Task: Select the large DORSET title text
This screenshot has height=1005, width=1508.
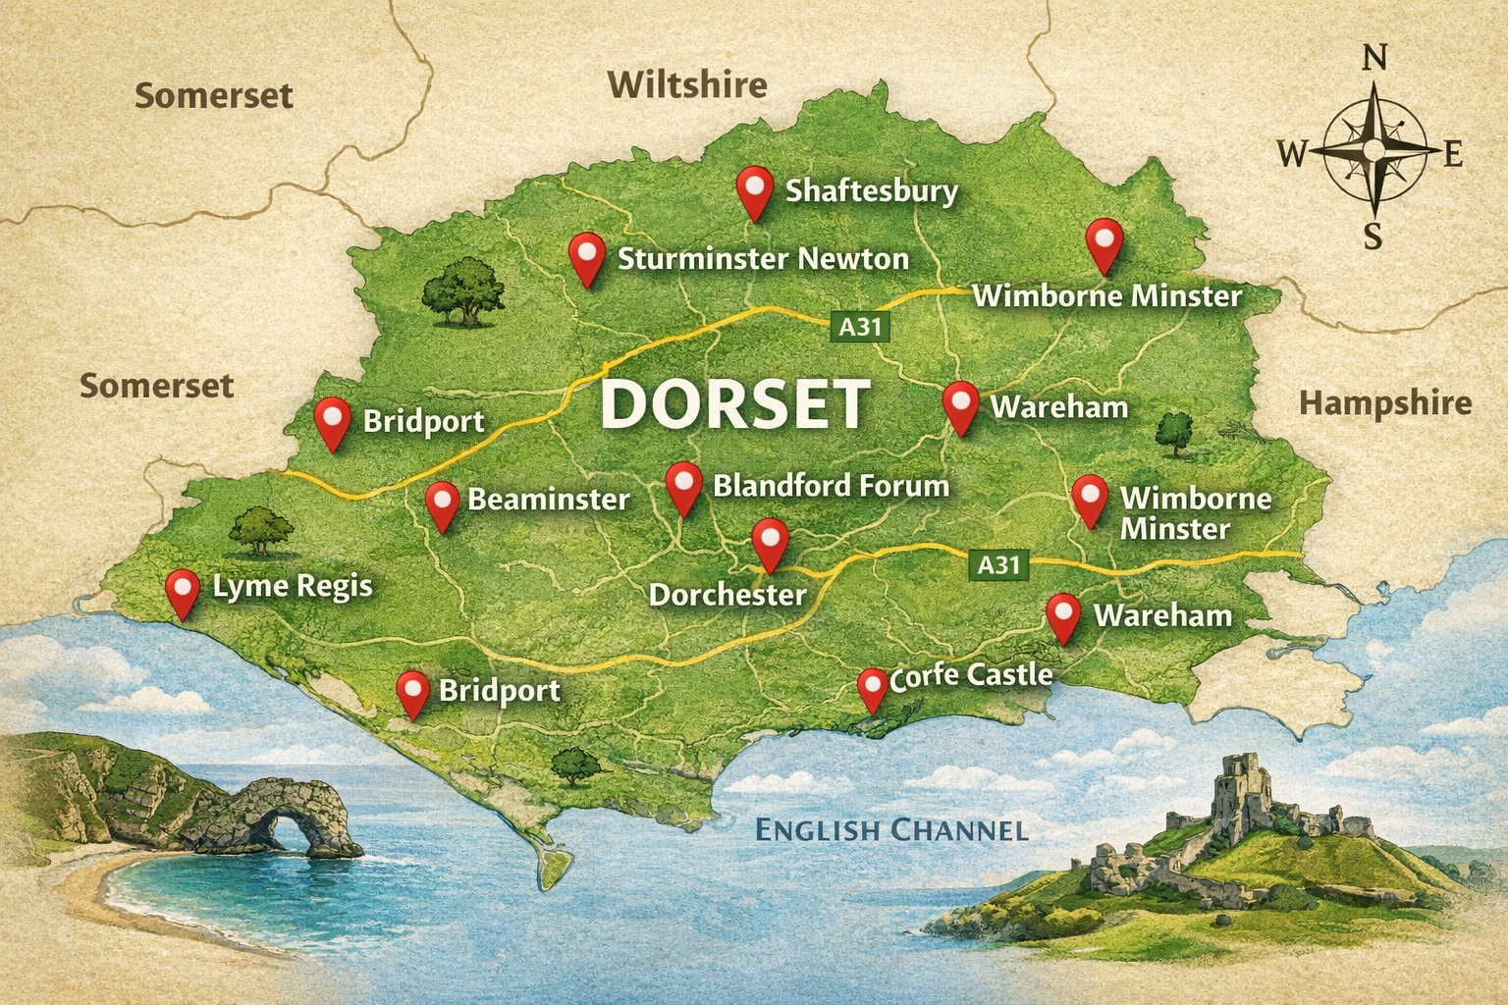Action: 734,404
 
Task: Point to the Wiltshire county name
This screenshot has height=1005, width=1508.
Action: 686,85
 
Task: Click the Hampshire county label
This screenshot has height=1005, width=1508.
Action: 1384,403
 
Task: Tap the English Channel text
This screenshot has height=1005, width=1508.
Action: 890,830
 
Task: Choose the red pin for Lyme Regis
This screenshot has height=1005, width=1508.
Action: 182,590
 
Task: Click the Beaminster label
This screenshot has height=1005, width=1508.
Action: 548,500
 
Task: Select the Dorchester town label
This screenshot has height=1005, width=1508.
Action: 727,595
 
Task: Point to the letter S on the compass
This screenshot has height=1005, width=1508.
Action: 1373,237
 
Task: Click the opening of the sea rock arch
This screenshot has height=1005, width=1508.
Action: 293,832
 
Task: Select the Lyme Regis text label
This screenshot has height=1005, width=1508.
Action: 293,587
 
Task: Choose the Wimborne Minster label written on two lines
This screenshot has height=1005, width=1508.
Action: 1195,513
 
